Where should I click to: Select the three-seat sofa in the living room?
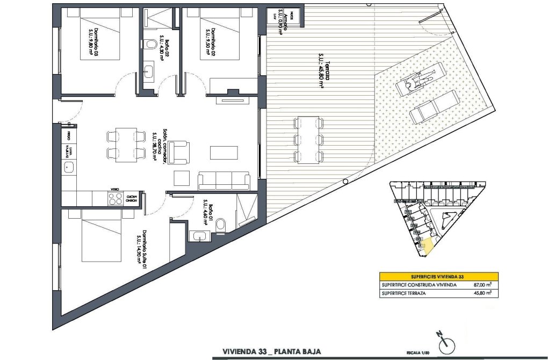[223, 179]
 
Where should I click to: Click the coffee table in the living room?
[222, 153]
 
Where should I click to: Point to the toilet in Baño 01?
[220, 227]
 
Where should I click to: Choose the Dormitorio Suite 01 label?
[142, 247]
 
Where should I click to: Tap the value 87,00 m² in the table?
[479, 285]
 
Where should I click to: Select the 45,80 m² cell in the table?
[479, 293]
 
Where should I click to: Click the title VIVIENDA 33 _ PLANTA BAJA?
[271, 352]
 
